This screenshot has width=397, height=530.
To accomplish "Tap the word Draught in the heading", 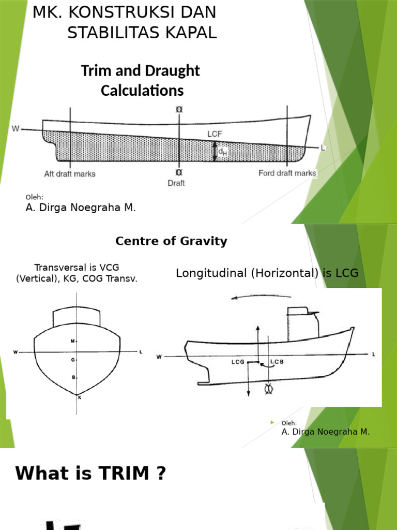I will click(x=174, y=71).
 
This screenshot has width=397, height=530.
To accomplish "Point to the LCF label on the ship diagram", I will click(x=215, y=134).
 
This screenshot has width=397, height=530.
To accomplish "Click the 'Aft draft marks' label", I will click(x=70, y=174).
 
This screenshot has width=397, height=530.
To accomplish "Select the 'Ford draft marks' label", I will click(x=287, y=173).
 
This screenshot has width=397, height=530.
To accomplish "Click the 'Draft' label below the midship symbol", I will click(x=176, y=183).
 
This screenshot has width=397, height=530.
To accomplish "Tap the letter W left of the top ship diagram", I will click(x=16, y=128).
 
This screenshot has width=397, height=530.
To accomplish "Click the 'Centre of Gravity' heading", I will click(x=171, y=241).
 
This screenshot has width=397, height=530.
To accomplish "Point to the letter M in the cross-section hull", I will click(x=73, y=341).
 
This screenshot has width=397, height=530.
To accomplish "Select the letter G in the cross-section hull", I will click(x=73, y=359).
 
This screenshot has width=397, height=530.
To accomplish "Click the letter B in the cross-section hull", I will click(x=73, y=377).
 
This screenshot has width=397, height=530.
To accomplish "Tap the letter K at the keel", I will click(x=79, y=397).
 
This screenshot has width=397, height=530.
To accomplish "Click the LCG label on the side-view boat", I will click(x=238, y=362).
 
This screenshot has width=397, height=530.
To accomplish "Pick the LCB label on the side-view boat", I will click(x=278, y=362).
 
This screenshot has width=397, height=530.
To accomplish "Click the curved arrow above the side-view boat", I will click(x=261, y=297).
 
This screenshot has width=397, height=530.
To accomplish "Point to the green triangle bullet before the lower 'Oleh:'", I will click(x=272, y=423).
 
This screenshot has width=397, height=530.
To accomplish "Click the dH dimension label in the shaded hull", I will click(x=222, y=151).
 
